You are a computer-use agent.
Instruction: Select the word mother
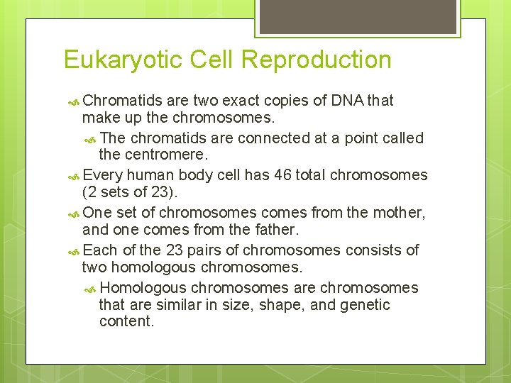pyautogui.click(x=397, y=213)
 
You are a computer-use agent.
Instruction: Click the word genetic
pyautogui.click(x=365, y=305)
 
